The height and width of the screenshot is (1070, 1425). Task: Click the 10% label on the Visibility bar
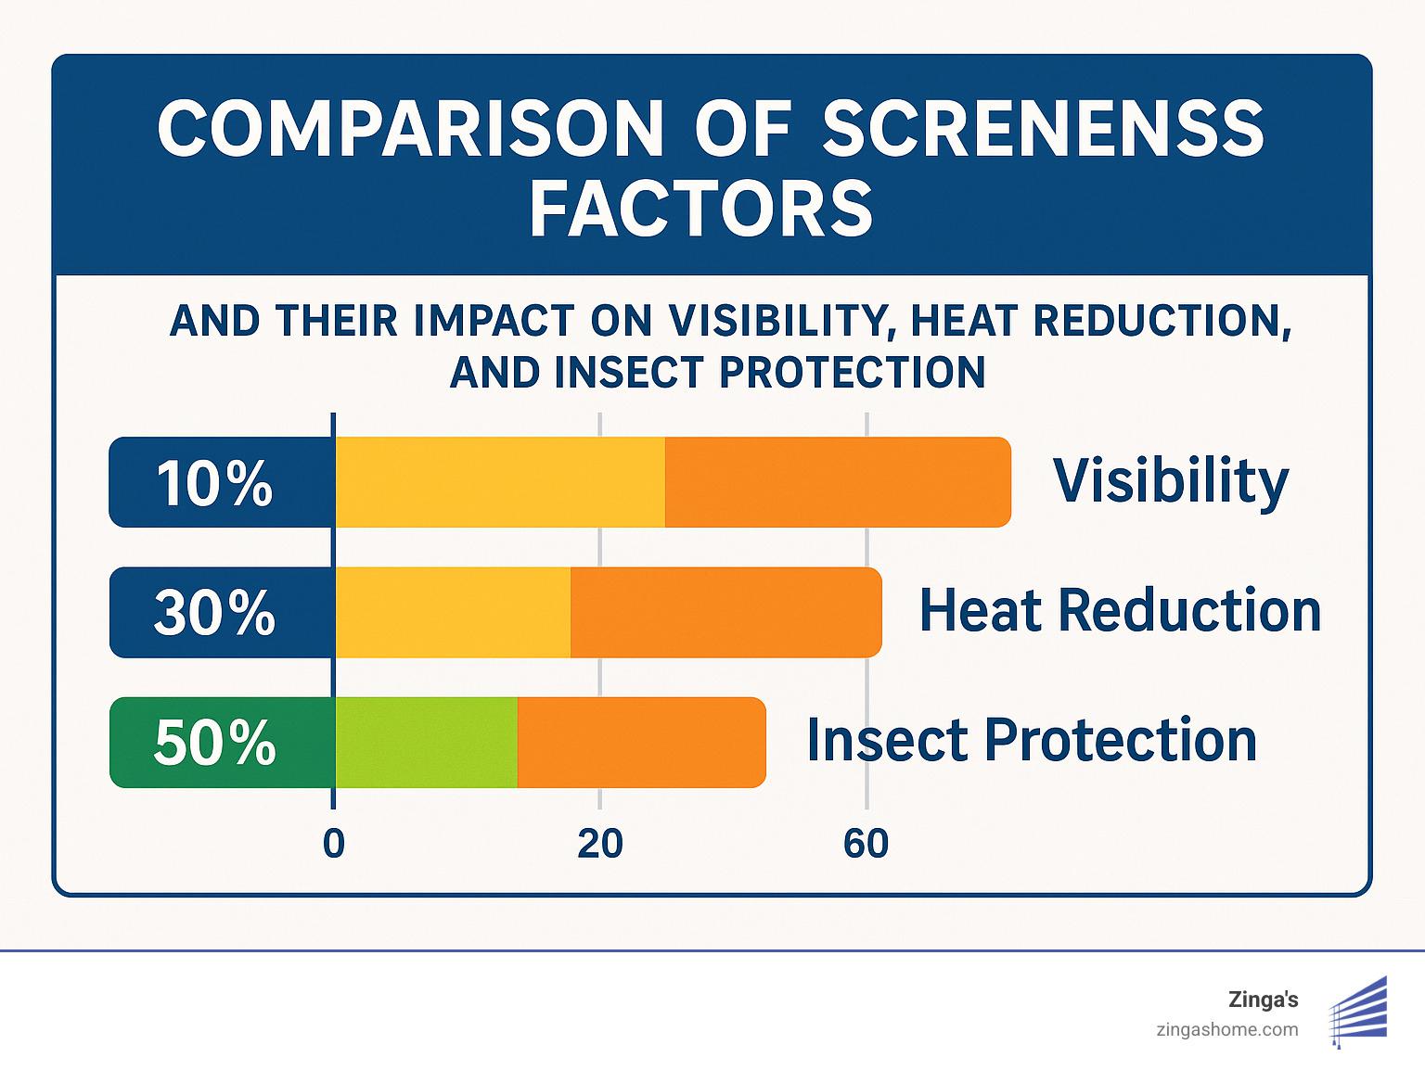pyautogui.click(x=214, y=483)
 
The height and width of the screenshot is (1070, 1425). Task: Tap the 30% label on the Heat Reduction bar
pyautogui.click(x=214, y=613)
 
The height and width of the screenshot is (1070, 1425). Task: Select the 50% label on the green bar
pyautogui.click(x=214, y=743)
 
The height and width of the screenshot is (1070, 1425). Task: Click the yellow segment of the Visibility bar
pyautogui.click(x=499, y=482)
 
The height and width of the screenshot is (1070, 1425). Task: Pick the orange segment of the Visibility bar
pyautogui.click(x=837, y=482)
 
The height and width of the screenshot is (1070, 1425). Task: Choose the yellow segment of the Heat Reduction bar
pyautogui.click(x=452, y=613)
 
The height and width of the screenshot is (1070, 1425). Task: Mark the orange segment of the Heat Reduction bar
pyautogui.click(x=725, y=613)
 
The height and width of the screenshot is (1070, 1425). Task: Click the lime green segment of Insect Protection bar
pyautogui.click(x=426, y=743)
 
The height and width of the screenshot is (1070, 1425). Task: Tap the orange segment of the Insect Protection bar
pyautogui.click(x=641, y=743)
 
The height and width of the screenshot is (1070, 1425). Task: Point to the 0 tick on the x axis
pyautogui.click(x=334, y=844)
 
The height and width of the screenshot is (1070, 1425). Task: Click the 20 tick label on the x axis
pyautogui.click(x=599, y=844)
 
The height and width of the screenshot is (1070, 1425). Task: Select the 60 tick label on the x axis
pyautogui.click(x=866, y=844)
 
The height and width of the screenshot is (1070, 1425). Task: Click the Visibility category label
pyautogui.click(x=1171, y=481)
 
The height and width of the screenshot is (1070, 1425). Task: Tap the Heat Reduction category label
pyautogui.click(x=1120, y=611)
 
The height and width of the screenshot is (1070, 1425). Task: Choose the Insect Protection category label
pyautogui.click(x=1032, y=741)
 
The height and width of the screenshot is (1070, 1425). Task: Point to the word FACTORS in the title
pyautogui.click(x=701, y=209)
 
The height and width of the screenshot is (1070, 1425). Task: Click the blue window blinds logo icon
pyautogui.click(x=1358, y=1012)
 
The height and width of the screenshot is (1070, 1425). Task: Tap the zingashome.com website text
pyautogui.click(x=1227, y=1029)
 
